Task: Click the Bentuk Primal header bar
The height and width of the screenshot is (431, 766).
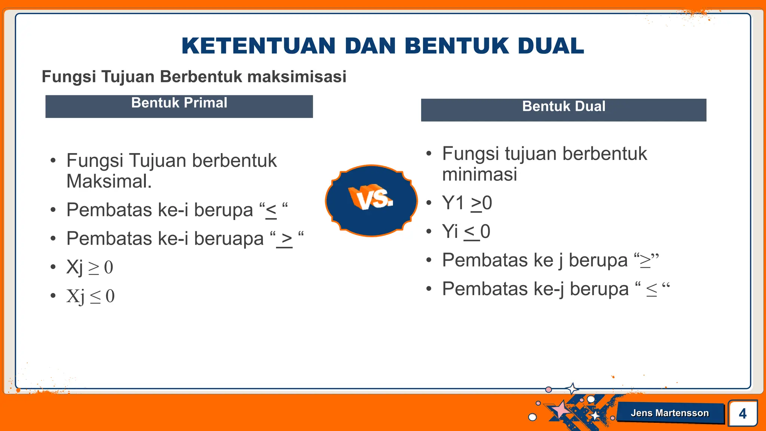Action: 179,106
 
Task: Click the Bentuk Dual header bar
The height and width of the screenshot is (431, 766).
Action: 563,110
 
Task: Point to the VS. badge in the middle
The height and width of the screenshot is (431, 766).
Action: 371,200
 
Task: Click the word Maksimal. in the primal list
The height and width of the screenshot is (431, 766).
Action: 109,181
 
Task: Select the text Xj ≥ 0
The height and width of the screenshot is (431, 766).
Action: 90,267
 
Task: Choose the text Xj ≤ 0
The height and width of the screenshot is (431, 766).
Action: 91,296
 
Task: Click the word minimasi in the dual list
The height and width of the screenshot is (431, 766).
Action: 479,174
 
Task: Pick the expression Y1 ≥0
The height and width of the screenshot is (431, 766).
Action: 467,203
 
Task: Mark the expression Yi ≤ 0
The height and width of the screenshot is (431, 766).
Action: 466,232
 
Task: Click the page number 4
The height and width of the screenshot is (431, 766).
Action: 742,413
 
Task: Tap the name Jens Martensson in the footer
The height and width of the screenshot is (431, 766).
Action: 670,413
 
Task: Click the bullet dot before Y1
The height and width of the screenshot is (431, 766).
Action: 429,203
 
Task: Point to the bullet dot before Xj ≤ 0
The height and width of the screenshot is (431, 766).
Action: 53,296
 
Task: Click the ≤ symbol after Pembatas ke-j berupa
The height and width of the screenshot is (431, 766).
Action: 651,290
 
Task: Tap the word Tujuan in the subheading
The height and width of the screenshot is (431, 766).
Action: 128,76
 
